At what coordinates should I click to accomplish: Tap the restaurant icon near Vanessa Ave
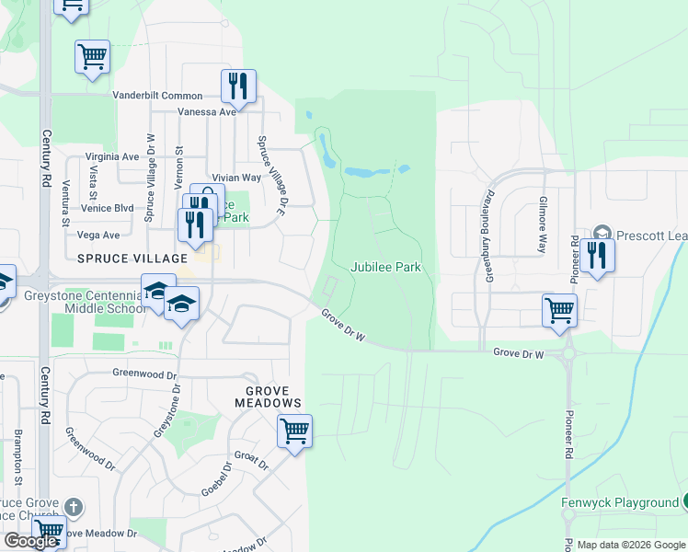pos(238,86)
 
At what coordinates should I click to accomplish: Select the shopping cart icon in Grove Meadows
pos(294,430)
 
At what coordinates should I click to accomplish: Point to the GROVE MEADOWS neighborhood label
pos(268,397)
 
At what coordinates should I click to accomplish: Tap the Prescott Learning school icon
pos(602,232)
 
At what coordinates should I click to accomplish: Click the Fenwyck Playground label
pos(619,502)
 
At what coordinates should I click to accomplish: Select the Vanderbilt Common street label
pos(157,96)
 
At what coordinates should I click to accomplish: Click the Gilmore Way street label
pos(543,224)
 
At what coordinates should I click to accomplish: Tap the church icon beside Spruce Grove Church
pos(75,507)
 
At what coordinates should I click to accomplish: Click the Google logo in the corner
pos(30,541)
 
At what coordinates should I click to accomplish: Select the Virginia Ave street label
pos(112,156)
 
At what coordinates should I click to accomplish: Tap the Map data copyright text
pos(621,545)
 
